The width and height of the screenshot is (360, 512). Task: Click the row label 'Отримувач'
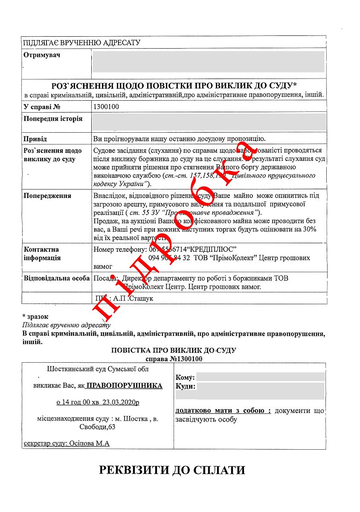pos(42,55)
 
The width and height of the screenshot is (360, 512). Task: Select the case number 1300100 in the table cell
pos(106,107)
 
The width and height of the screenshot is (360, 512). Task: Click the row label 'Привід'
pos(35,139)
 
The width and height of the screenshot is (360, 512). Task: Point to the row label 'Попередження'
pos(47,196)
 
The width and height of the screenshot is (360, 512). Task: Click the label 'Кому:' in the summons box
pos(185,377)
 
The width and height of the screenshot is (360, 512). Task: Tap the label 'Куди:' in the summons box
pos(186,387)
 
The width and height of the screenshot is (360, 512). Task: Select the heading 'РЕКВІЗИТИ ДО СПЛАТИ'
pos(172,470)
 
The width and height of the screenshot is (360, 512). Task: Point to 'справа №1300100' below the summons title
pos(174,359)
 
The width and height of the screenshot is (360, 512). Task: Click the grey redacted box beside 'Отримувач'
pos(208,62)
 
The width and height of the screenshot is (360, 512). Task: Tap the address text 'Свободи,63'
pos(97,427)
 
